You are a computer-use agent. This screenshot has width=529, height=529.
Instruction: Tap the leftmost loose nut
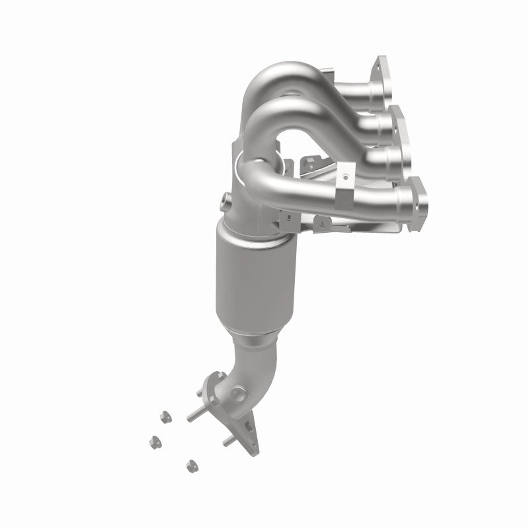pos(157,440)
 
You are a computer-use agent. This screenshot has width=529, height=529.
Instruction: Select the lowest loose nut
pos(192,464)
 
